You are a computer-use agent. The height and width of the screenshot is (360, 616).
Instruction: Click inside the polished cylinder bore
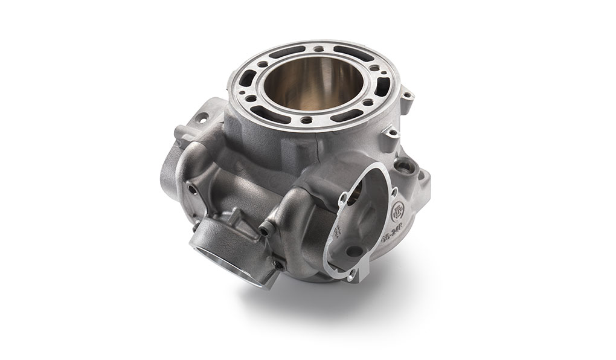(x=320, y=91)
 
